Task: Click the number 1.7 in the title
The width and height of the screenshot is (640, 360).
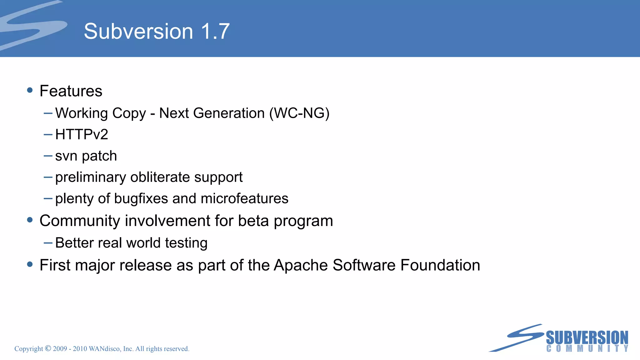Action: tap(215, 31)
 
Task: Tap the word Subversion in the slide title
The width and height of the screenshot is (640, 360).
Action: tap(138, 31)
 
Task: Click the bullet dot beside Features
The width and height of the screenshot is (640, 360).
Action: tap(30, 90)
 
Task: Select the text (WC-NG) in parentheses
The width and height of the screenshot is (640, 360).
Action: tap(299, 113)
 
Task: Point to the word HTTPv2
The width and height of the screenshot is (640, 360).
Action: tap(82, 135)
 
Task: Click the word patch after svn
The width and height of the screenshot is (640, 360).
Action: tap(99, 156)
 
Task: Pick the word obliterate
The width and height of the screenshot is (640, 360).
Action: tap(160, 177)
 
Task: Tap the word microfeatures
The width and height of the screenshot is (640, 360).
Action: tap(244, 199)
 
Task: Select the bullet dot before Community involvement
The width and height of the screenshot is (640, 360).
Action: tap(30, 220)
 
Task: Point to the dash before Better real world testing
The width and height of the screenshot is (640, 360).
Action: tap(48, 243)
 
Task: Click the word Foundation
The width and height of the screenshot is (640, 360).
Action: tap(440, 265)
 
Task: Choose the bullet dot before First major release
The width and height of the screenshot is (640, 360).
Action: tap(30, 264)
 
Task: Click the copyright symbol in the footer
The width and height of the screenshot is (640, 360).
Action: tap(48, 348)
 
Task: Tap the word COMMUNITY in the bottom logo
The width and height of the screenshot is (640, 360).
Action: tap(587, 348)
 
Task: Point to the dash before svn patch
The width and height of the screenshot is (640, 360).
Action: tap(48, 156)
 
